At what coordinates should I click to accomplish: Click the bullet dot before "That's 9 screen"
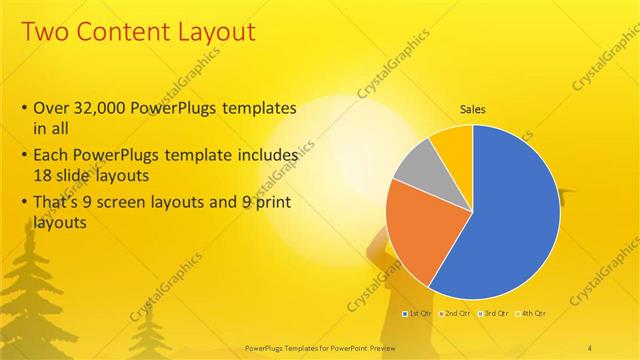pyautogui.click(x=24, y=203)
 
